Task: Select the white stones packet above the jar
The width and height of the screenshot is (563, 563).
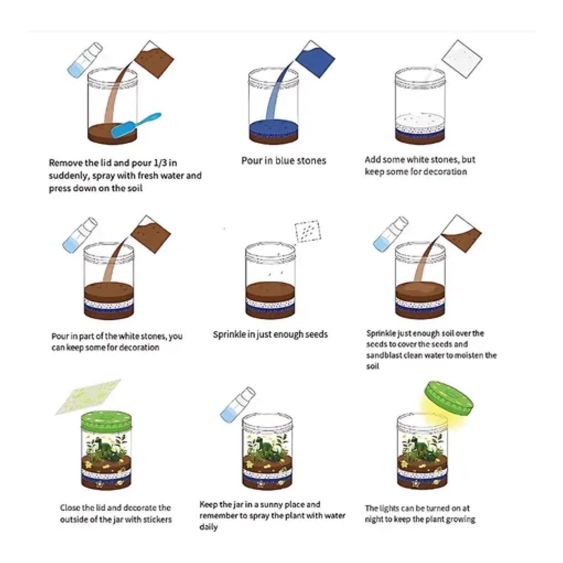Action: [462, 60]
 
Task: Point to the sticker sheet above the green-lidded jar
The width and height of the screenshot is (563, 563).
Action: [88, 397]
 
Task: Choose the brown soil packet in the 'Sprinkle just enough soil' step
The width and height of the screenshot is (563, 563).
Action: [461, 233]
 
